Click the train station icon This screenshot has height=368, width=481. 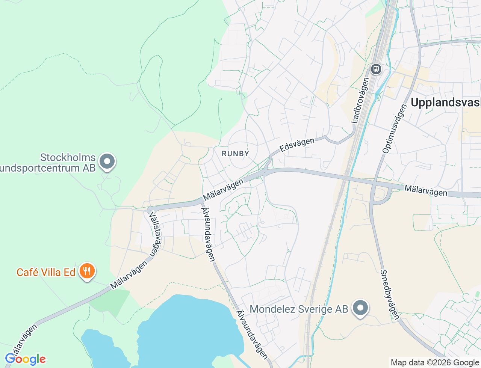(376, 69)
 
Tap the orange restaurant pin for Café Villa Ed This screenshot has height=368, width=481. (87, 271)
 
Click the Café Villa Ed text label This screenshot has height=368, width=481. (46, 272)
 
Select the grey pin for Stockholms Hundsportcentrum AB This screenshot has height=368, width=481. (107, 162)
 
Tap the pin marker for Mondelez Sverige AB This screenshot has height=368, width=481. (360, 308)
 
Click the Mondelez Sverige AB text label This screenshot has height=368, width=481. (299, 309)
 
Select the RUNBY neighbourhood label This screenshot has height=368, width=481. (235, 154)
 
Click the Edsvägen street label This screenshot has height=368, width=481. (297, 145)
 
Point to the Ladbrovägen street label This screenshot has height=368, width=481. (360, 100)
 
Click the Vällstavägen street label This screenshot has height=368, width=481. (155, 234)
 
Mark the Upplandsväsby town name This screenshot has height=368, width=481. (446, 103)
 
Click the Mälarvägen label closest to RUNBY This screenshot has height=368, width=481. (223, 190)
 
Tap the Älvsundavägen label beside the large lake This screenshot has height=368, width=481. (252, 335)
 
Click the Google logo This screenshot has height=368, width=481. (25, 359)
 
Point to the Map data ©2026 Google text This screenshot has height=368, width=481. (435, 362)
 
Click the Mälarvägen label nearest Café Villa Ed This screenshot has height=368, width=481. (129, 275)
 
